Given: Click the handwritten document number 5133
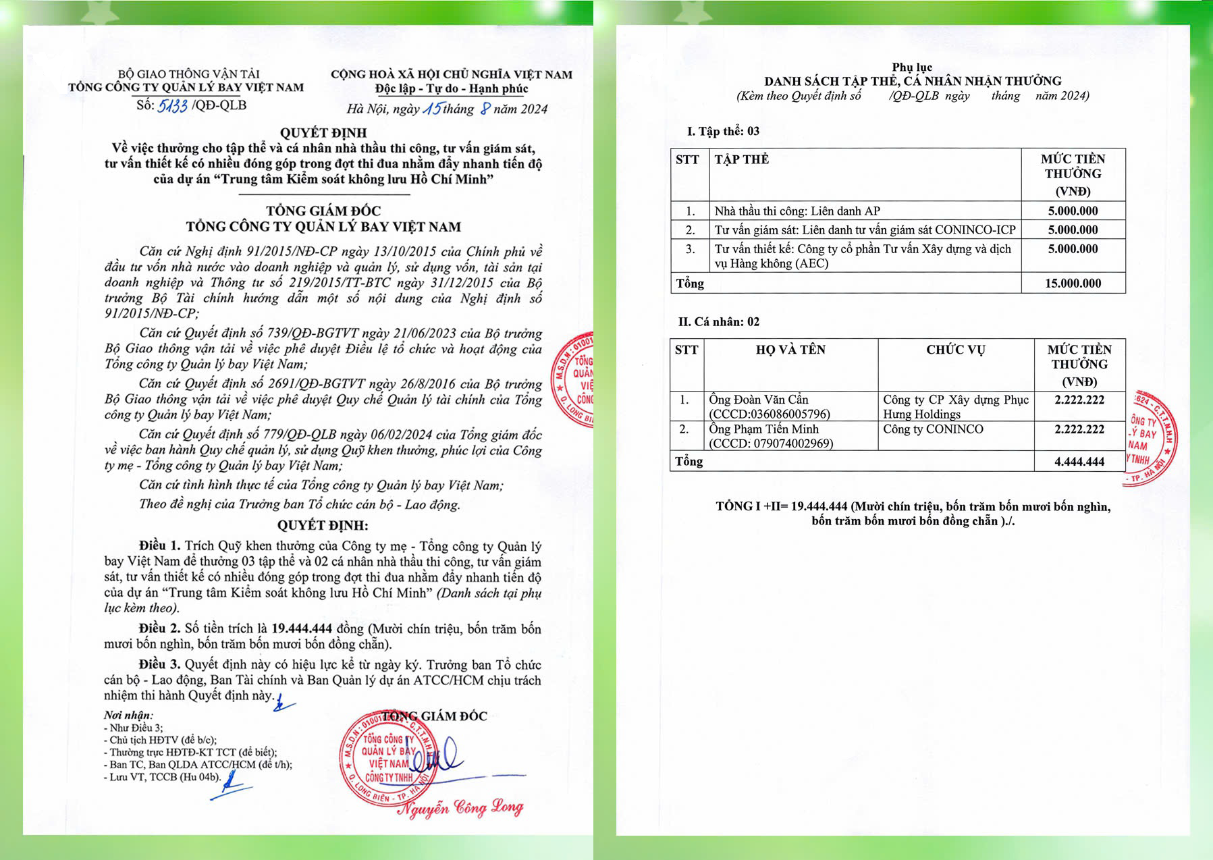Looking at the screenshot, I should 172,106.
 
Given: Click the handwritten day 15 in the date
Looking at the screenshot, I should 432,108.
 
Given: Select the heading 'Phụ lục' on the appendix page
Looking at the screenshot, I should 912,67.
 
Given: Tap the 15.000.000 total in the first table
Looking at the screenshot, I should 1073,284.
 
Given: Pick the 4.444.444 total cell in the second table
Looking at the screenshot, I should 1079,462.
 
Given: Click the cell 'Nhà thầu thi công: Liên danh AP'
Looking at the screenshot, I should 797,211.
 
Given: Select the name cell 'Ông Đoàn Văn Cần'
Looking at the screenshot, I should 759,400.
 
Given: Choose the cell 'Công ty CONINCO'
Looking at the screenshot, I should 933,429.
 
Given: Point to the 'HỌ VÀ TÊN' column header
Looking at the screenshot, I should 790,350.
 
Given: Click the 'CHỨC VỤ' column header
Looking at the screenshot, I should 955,350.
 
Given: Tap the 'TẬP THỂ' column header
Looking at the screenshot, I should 742,159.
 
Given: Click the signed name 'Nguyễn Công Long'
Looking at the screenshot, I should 460,807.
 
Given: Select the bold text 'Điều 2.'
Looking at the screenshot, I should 160,628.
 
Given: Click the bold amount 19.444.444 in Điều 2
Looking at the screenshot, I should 301,628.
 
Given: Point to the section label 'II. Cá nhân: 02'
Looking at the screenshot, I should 718,322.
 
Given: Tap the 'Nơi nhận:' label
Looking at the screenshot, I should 128,715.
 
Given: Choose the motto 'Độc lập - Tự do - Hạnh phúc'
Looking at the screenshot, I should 452,88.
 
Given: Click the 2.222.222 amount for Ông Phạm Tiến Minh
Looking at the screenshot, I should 1079,429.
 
